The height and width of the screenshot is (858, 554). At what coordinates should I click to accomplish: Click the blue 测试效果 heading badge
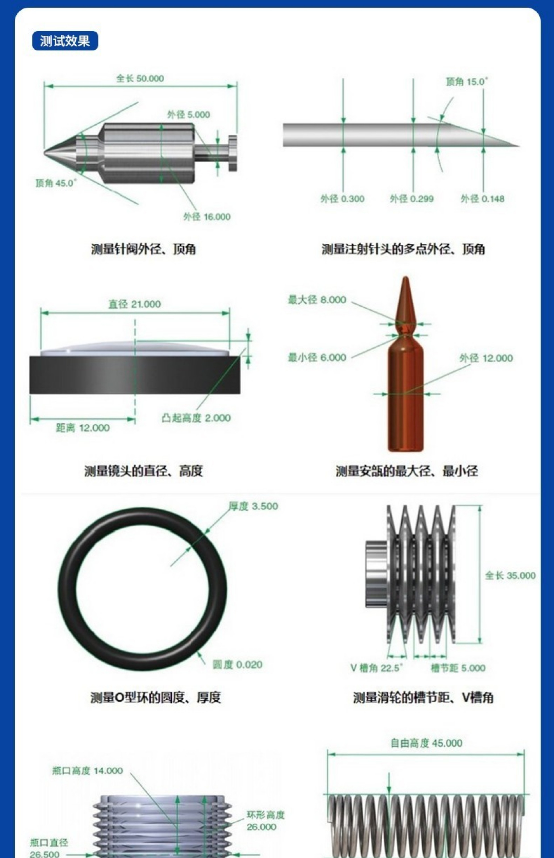click(x=65, y=41)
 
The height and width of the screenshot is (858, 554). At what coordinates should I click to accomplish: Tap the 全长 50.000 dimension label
click(x=140, y=78)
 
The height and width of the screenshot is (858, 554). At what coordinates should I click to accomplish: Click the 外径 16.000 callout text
click(x=207, y=217)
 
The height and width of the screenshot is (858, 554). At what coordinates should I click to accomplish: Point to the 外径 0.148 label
click(x=483, y=199)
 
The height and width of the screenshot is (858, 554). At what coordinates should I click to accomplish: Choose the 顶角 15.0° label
click(x=467, y=82)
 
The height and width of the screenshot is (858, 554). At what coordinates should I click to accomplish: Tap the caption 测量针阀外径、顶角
click(x=144, y=249)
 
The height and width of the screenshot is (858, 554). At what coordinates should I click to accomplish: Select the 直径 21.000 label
click(x=134, y=304)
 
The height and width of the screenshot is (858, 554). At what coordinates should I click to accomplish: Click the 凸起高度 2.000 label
click(x=196, y=418)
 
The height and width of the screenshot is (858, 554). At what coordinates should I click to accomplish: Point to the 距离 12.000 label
click(x=83, y=428)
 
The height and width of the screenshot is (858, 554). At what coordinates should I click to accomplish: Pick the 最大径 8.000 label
click(x=317, y=299)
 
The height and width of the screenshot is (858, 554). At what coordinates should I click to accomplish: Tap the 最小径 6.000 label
click(x=317, y=357)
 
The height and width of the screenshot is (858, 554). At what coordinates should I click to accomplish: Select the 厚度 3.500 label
click(x=253, y=506)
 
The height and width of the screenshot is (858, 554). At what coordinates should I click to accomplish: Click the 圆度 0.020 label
click(x=237, y=665)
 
